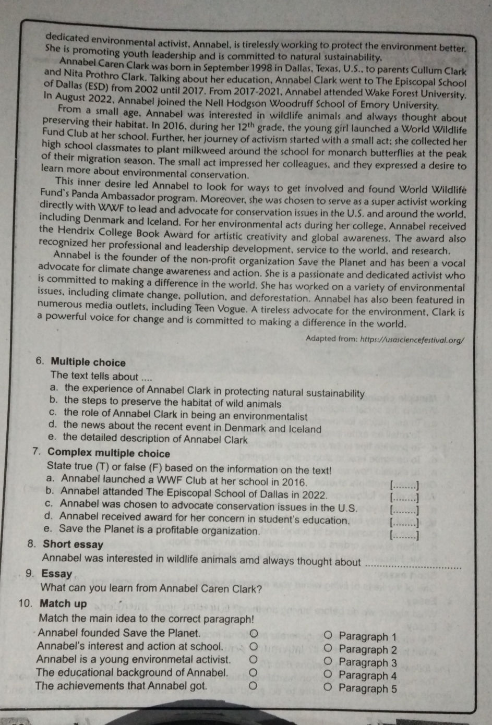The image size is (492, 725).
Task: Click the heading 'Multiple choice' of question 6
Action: point(89,362)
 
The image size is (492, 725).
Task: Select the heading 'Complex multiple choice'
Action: point(109,453)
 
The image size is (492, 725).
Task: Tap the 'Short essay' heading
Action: point(73,545)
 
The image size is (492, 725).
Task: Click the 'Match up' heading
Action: point(63,603)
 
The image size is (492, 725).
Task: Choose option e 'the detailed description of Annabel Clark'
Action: point(155,439)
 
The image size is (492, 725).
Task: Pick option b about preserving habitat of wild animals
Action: point(172,403)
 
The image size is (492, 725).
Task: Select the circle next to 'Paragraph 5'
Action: point(328,687)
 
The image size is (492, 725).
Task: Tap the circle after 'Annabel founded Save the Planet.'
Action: point(253,633)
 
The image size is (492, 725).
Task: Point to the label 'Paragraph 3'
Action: point(367,662)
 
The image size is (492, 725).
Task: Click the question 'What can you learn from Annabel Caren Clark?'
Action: point(151,588)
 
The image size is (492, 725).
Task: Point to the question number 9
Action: point(30,574)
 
